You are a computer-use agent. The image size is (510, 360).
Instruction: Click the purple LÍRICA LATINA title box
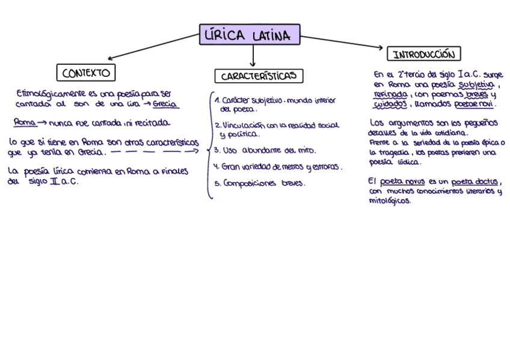[x=249, y=35]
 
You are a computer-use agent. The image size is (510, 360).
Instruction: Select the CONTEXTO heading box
[x=86, y=73]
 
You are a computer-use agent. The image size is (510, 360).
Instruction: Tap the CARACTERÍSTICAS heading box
[x=259, y=76]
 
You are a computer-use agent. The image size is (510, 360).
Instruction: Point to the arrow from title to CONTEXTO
[x=153, y=47]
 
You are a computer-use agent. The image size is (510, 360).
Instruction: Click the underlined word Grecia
[x=165, y=103]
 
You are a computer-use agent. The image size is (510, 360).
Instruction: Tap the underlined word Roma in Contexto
[x=25, y=123]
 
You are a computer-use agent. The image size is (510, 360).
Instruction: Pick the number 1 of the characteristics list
[x=217, y=101]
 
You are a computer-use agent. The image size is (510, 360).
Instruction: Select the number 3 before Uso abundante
[x=217, y=150]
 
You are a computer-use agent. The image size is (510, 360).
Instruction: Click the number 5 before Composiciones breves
[x=218, y=183]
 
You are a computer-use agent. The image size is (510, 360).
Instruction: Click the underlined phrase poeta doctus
[x=475, y=182]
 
